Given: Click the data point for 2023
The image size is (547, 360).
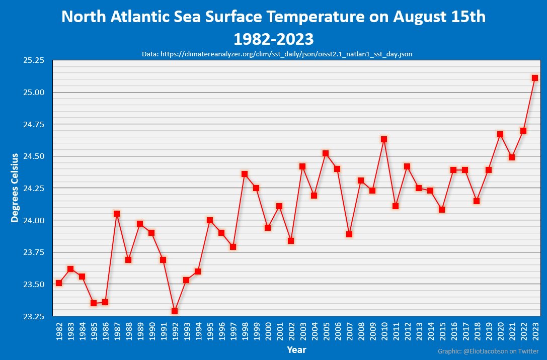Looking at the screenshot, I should click(x=535, y=78).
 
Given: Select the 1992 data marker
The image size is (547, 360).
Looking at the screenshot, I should click(x=175, y=311).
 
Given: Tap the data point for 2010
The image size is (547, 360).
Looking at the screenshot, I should click(x=384, y=139).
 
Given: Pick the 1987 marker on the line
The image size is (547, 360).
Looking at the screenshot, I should click(x=117, y=214).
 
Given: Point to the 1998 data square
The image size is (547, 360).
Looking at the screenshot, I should click(x=245, y=174).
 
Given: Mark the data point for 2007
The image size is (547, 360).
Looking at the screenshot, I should click(x=349, y=234).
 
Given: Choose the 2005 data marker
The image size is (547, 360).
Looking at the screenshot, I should click(x=326, y=153).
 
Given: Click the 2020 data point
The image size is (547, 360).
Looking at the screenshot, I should click(x=500, y=134).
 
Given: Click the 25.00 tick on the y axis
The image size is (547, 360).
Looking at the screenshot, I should click(x=34, y=93).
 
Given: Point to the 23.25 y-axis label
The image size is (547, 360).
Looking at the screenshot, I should click(x=34, y=317).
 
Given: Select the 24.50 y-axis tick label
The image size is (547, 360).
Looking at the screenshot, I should click(x=34, y=156).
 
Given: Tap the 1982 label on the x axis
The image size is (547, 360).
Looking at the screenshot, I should click(x=59, y=331).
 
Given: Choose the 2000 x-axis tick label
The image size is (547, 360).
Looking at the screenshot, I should click(x=268, y=331).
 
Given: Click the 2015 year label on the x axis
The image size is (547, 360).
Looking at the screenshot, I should click(x=442, y=331).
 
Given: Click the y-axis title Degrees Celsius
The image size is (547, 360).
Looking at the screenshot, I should click(x=15, y=188).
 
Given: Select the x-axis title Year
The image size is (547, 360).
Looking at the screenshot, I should click(x=296, y=349).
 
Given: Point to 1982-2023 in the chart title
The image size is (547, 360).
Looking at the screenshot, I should click(x=273, y=38).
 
